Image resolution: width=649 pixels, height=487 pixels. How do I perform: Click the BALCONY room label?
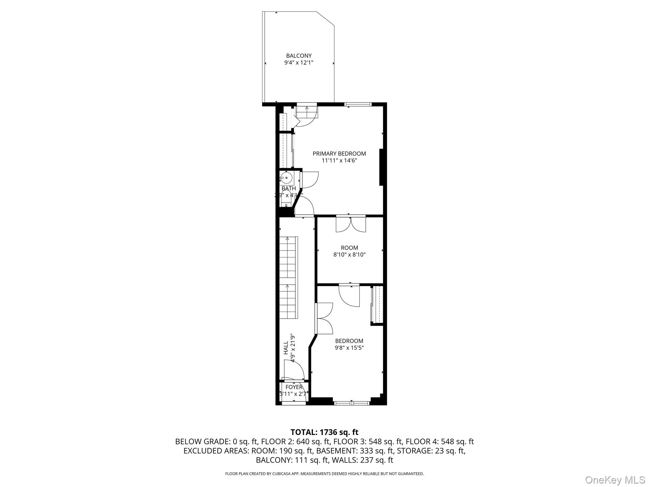(x=299, y=56)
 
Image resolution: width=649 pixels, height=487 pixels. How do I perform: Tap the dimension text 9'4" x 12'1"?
(x=299, y=63)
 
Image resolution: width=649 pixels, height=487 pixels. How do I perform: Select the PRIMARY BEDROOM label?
(x=339, y=153)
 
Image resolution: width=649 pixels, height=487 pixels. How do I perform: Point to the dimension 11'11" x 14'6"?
(x=339, y=160)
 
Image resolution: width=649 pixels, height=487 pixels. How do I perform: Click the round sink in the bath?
(x=286, y=178)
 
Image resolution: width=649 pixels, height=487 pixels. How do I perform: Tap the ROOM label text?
(x=349, y=248)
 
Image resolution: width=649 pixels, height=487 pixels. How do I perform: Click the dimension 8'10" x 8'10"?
(x=349, y=255)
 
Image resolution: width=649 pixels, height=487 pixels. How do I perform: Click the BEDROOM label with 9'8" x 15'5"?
(x=349, y=341)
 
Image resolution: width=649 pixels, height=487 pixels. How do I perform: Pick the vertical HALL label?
(x=286, y=347)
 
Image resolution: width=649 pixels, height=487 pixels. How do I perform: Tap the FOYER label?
(x=294, y=387)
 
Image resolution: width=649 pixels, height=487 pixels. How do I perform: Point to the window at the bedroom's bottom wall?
(x=352, y=403)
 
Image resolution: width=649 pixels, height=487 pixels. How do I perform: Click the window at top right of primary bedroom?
(x=358, y=104)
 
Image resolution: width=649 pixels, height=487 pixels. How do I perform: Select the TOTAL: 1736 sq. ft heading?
(x=324, y=432)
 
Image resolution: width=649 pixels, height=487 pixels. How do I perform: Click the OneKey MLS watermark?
(x=615, y=480)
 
